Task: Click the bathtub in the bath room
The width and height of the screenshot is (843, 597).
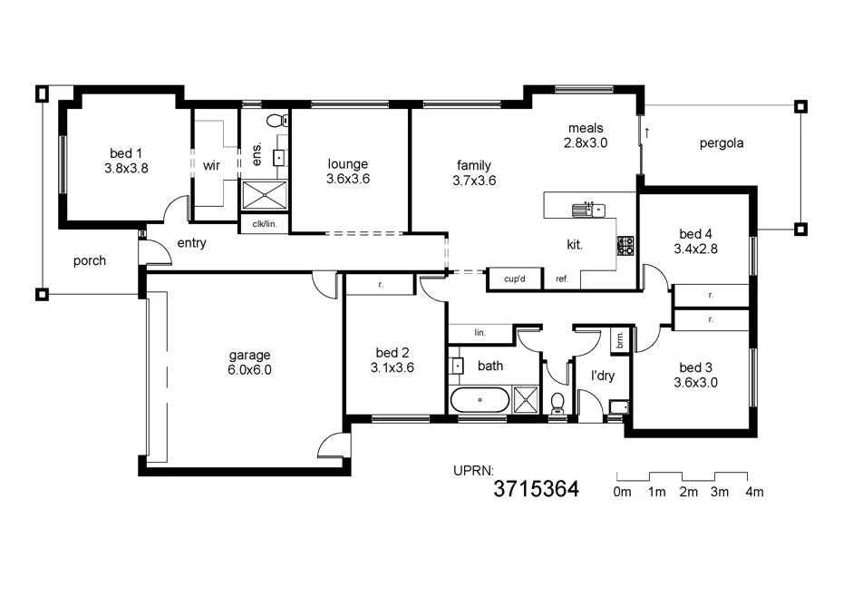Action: [x=480, y=400]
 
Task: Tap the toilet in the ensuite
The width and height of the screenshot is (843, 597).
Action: [x=278, y=120]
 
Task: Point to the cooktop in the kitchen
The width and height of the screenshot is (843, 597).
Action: [x=625, y=246]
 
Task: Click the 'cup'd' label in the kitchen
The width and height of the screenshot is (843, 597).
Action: [x=515, y=279]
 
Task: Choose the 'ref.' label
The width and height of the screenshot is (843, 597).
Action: [x=562, y=279]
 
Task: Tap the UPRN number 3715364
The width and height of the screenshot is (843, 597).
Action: [x=536, y=489]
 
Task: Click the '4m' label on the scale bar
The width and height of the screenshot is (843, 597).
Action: [x=754, y=492]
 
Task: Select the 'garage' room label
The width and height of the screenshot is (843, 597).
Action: [x=249, y=356]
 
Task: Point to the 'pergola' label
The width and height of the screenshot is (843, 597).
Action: [x=722, y=143]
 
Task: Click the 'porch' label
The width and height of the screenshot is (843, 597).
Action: [x=89, y=261]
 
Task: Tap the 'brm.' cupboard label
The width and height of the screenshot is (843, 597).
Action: [x=620, y=339]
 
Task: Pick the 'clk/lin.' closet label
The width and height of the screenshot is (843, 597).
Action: [x=265, y=224]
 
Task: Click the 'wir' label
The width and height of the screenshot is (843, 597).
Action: [x=211, y=165]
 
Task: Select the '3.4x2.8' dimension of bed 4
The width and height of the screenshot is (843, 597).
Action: [x=695, y=249]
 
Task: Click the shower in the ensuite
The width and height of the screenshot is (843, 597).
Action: [x=265, y=195]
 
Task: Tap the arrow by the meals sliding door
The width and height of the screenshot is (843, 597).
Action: [x=647, y=132]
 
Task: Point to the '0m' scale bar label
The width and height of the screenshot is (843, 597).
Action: [x=622, y=492]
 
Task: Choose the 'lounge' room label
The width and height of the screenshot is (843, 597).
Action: [x=348, y=163]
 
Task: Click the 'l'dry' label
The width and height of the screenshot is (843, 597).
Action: [x=603, y=376]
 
